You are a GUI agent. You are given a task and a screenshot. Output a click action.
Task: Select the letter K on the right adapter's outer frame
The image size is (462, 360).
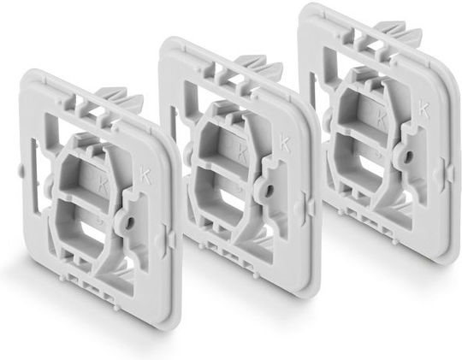point(422,108)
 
